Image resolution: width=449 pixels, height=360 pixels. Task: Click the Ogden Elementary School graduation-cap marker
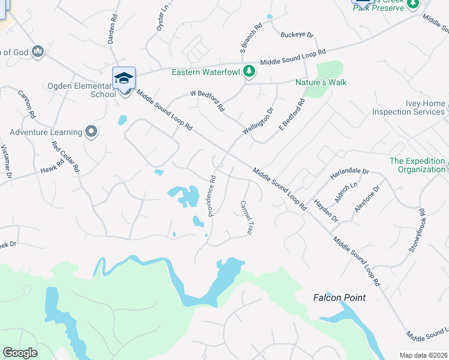pos(124,79)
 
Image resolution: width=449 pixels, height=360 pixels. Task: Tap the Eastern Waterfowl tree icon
pos(249,72)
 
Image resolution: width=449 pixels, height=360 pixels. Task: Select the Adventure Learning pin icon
pos(91,131)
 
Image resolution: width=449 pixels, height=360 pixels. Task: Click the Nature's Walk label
pos(321,82)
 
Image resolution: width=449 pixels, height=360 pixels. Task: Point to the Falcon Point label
pos(339,298)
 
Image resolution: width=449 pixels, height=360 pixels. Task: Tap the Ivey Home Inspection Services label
pos(409,107)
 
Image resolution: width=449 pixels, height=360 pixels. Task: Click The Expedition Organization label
pos(417,165)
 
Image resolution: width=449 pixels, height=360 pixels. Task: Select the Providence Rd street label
pos(211,196)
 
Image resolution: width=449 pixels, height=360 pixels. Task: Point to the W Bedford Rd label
pos(207,101)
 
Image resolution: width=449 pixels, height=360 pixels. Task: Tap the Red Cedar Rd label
pos(65,157)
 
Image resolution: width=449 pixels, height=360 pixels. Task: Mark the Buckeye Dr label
pos(298,35)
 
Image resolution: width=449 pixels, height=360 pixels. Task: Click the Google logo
pos(20,353)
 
